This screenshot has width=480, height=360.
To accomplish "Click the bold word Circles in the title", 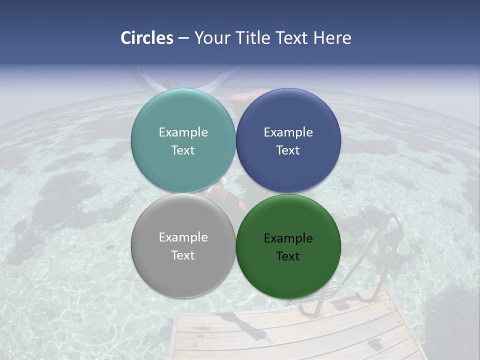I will pyautogui.click(x=147, y=38).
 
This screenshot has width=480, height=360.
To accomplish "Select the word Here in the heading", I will pyautogui.click(x=332, y=38).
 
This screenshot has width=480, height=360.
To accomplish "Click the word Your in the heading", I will pyautogui.click(x=212, y=38).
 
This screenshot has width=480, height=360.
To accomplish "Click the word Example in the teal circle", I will pyautogui.click(x=183, y=132).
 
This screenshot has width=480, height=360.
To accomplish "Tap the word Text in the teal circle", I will pyautogui.click(x=183, y=150).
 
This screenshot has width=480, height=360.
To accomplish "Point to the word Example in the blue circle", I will pyautogui.click(x=288, y=132).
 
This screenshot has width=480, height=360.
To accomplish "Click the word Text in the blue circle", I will pyautogui.click(x=288, y=150).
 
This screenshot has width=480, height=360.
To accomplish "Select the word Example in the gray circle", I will pyautogui.click(x=183, y=237).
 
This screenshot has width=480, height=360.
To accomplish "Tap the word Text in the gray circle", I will pyautogui.click(x=183, y=255).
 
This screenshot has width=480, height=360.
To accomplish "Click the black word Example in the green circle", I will pyautogui.click(x=288, y=238).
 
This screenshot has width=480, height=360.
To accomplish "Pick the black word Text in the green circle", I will pyautogui.click(x=288, y=256).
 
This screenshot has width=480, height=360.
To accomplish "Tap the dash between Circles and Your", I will pyautogui.click(x=183, y=38).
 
